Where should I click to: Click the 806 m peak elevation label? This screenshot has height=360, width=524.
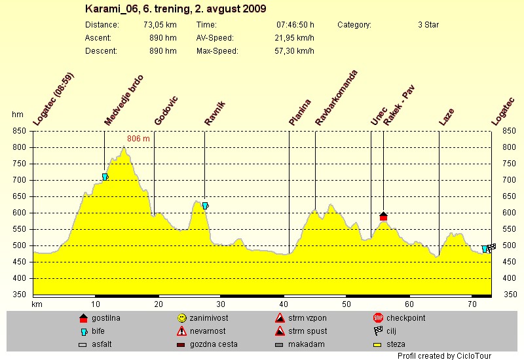pyautogui.click(x=138, y=139)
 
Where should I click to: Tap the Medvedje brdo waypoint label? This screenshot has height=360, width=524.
pyautogui.click(x=124, y=100)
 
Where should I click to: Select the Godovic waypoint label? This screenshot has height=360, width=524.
pyautogui.click(x=166, y=110)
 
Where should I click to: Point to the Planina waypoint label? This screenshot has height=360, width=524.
pyautogui.click(x=300, y=111)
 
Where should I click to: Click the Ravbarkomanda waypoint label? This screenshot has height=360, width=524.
pyautogui.click(x=336, y=98)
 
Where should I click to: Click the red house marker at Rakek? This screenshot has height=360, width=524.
pyautogui.click(x=384, y=216)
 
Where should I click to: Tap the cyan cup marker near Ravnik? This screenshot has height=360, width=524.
pyautogui.click(x=206, y=206)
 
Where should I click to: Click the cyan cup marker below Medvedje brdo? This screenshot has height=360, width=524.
pyautogui.click(x=105, y=177)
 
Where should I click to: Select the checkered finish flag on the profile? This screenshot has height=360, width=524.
pyautogui.click(x=492, y=247)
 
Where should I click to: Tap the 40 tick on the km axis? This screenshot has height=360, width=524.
pyautogui.click(x=284, y=304)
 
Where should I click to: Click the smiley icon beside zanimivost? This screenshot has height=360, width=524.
pyautogui.click(x=182, y=318)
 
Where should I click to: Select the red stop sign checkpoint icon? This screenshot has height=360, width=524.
pyautogui.click(x=377, y=318)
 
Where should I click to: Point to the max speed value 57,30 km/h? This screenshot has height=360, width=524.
pyautogui.click(x=296, y=51)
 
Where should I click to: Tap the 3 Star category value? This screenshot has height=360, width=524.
pyautogui.click(x=428, y=25)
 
